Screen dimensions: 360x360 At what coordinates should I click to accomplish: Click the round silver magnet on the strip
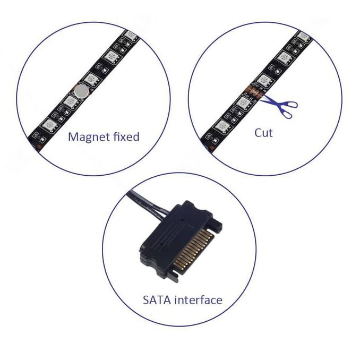(x=82, y=91)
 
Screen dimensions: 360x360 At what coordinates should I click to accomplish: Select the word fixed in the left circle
(x=126, y=136)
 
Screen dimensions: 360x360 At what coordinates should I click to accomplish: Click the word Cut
(x=263, y=133)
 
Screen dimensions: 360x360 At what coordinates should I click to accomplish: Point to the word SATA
(x=158, y=300)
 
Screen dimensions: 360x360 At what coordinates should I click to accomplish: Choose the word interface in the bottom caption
(x=199, y=300)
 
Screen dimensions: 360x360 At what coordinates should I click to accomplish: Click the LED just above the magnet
(x=91, y=80)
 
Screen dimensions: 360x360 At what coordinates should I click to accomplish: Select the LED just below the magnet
(x=71, y=102)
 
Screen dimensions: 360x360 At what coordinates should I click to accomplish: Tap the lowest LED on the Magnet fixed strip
(x=49, y=126)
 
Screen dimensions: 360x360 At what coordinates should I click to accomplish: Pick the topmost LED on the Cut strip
(x=304, y=36)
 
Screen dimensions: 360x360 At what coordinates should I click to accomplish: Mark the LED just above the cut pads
(x=264, y=81)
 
